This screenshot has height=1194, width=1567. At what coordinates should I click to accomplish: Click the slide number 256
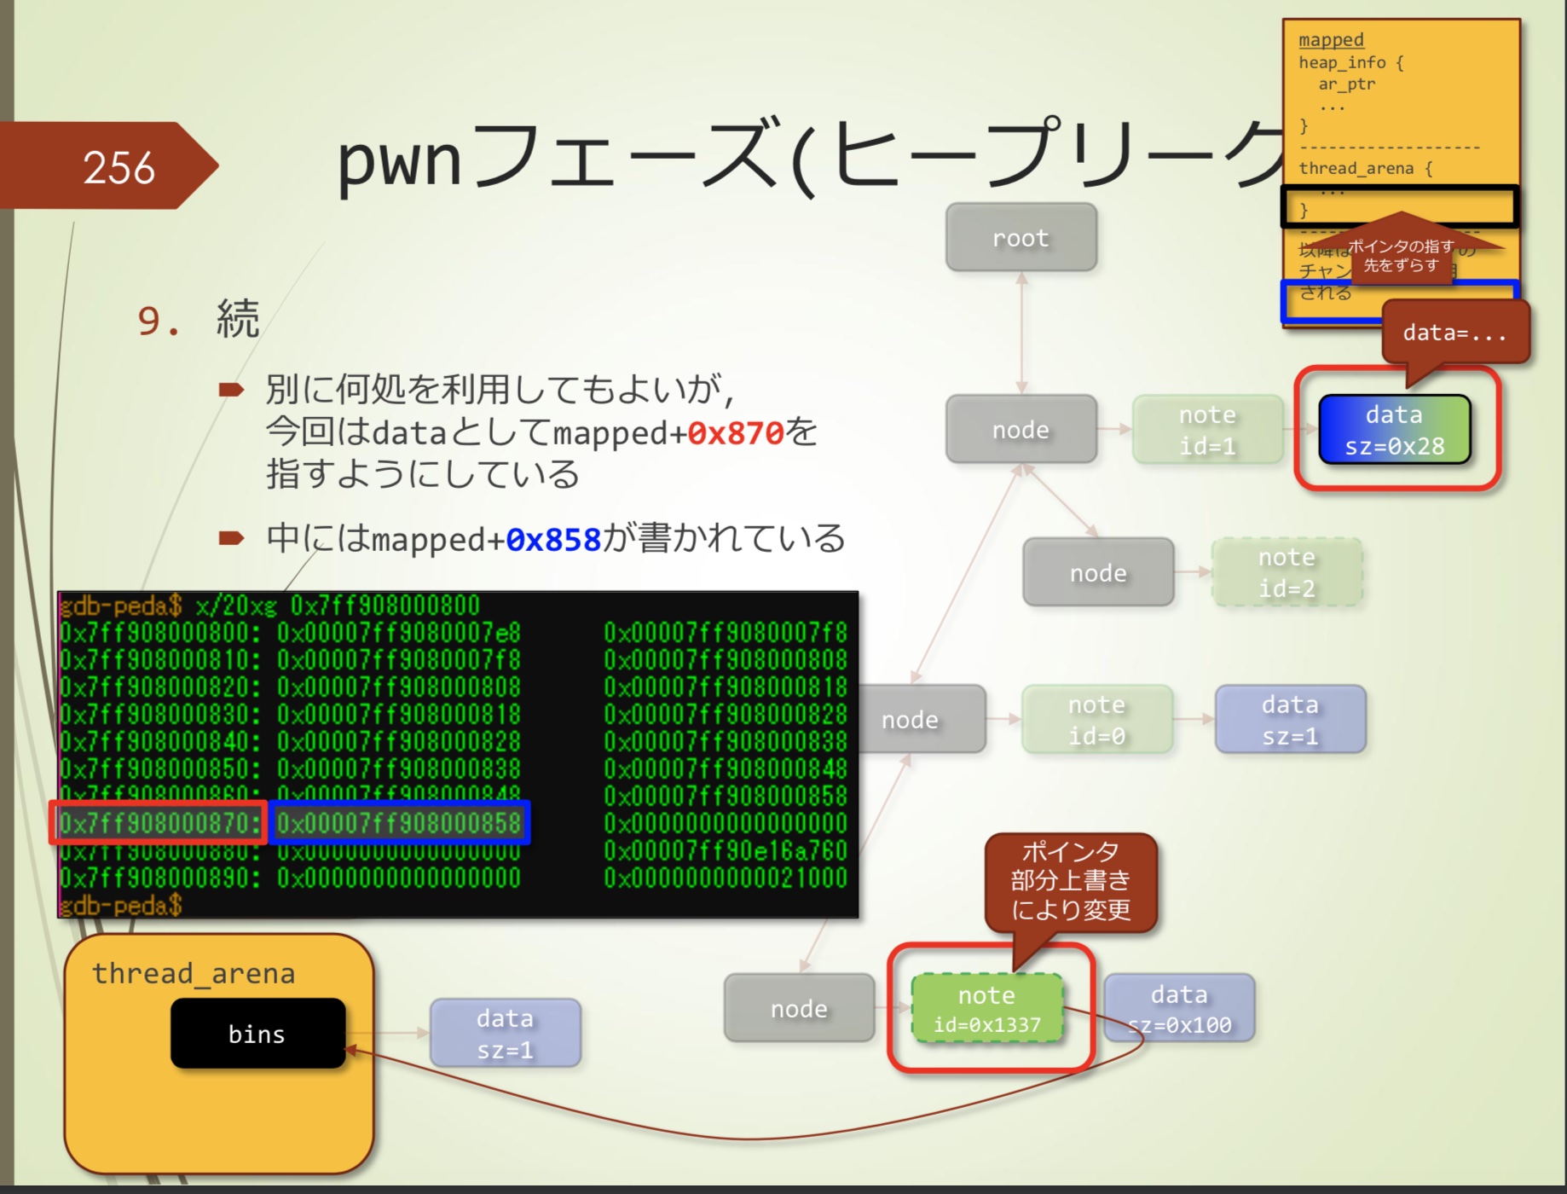119,167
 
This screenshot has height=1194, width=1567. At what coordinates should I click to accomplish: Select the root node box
1021,238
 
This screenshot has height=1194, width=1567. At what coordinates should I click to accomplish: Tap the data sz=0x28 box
1394,430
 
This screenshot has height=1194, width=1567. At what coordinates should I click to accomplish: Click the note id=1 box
1207,430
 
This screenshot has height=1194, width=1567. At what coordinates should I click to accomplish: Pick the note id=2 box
1287,572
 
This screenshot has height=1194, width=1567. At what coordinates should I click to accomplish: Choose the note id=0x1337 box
986,1009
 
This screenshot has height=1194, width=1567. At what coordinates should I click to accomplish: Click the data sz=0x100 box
1179,1009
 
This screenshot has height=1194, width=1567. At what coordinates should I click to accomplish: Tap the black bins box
257,1034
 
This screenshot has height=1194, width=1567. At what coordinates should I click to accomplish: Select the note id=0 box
1096,720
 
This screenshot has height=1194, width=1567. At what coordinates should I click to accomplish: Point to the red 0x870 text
735,433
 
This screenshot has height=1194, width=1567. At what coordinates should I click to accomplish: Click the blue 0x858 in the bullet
553,540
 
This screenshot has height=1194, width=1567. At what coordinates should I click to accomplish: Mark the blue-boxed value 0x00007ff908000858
399,823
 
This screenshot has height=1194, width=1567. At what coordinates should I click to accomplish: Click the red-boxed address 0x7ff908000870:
159,823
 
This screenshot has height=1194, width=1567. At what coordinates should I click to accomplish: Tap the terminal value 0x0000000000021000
726,878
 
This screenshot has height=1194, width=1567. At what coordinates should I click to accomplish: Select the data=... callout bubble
1454,333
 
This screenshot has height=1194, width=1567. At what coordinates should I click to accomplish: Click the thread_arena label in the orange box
194,973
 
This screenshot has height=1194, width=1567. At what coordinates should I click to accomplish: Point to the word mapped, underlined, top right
1331,40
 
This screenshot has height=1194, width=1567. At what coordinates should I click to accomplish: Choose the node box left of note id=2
1098,572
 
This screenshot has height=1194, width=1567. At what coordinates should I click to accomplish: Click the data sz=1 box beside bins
505,1033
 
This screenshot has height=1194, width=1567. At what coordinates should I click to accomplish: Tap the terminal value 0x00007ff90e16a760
726,850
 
